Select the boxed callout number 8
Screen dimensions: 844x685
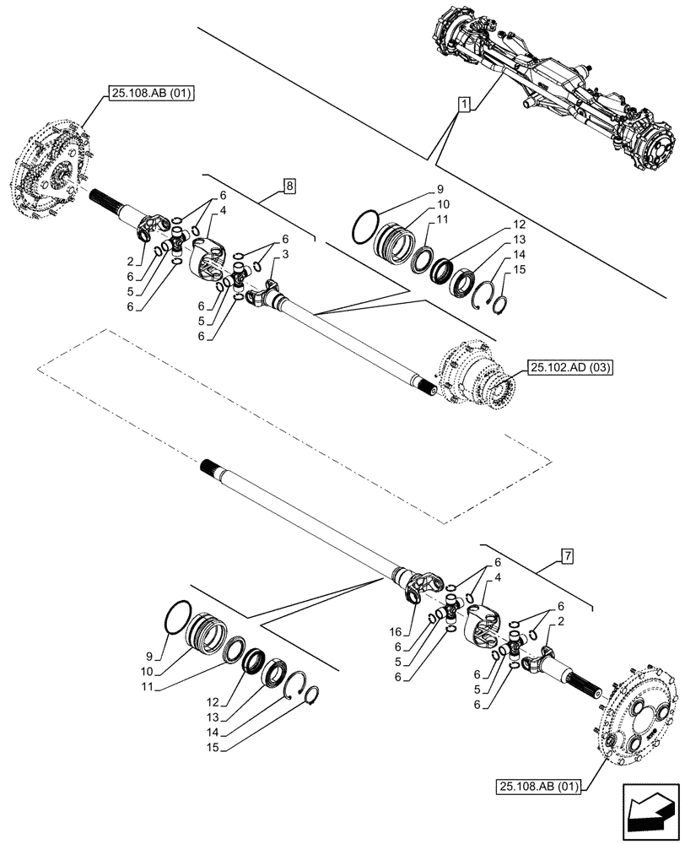click(x=289, y=186)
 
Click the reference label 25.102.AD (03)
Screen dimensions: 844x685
click(x=571, y=367)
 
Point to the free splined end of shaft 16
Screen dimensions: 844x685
click(x=213, y=467)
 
